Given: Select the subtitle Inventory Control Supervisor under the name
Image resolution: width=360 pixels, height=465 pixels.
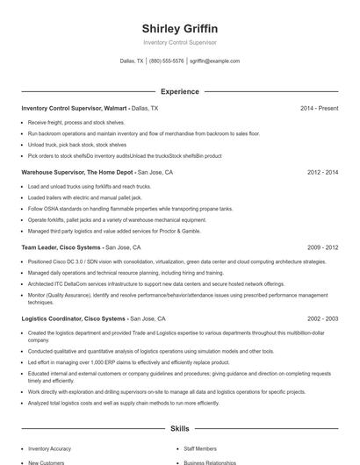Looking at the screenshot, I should [179, 42].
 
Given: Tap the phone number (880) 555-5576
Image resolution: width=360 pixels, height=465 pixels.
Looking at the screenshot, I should [167, 61].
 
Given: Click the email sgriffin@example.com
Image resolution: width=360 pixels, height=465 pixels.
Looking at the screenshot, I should [214, 61].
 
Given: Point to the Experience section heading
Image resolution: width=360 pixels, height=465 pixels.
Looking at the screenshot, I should [179, 91].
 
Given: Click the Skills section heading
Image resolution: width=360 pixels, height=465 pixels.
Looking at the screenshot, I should [179, 428].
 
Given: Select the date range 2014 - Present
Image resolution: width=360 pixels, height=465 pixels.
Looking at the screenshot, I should [319, 108].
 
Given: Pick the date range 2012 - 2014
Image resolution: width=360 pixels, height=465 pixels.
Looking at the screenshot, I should [322, 173].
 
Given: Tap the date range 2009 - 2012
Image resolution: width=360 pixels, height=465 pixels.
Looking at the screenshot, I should [322, 248].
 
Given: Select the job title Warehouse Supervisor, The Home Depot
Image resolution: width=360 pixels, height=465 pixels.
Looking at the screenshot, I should [77, 173].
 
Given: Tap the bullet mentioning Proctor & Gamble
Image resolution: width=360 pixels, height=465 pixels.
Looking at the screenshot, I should [114, 231].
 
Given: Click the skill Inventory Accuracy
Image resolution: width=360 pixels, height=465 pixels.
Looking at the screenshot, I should [51, 447].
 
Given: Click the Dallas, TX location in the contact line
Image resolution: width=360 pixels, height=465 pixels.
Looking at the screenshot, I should [134, 61].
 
